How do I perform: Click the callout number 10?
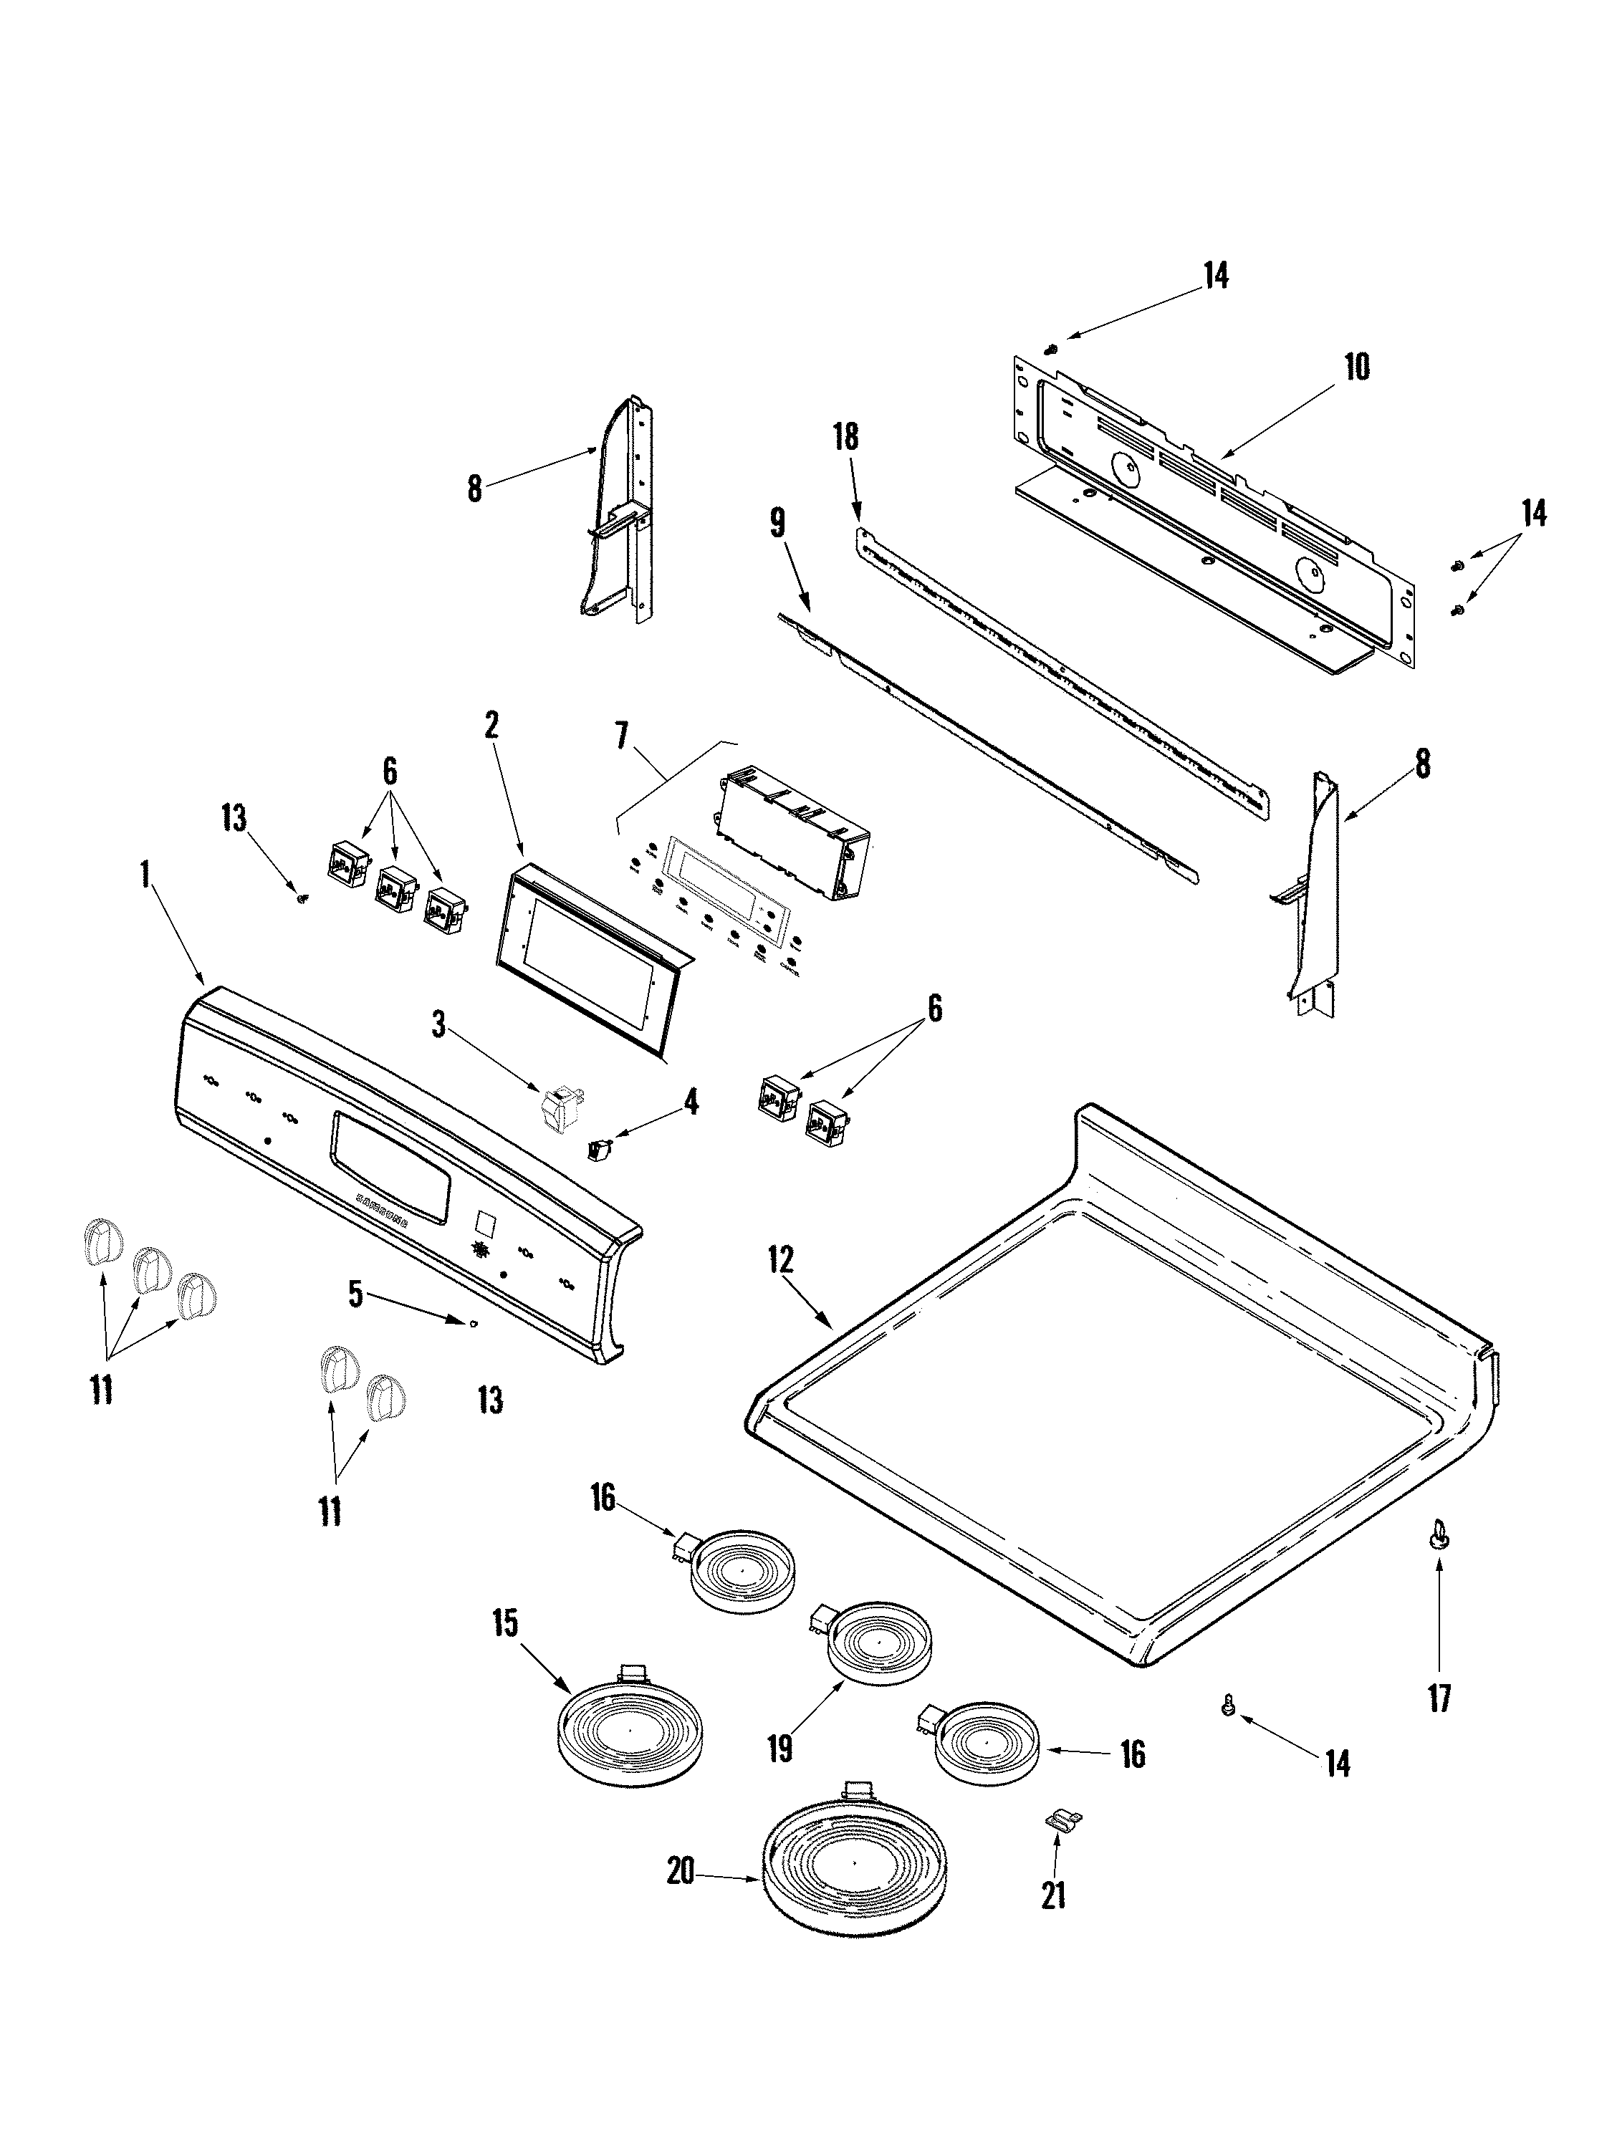[x=1356, y=368]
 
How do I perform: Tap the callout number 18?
[x=846, y=437]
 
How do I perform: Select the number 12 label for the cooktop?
[x=780, y=1261]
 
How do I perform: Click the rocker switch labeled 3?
[x=557, y=1105]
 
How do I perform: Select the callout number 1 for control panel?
[x=145, y=875]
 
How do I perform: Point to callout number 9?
[x=777, y=524]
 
